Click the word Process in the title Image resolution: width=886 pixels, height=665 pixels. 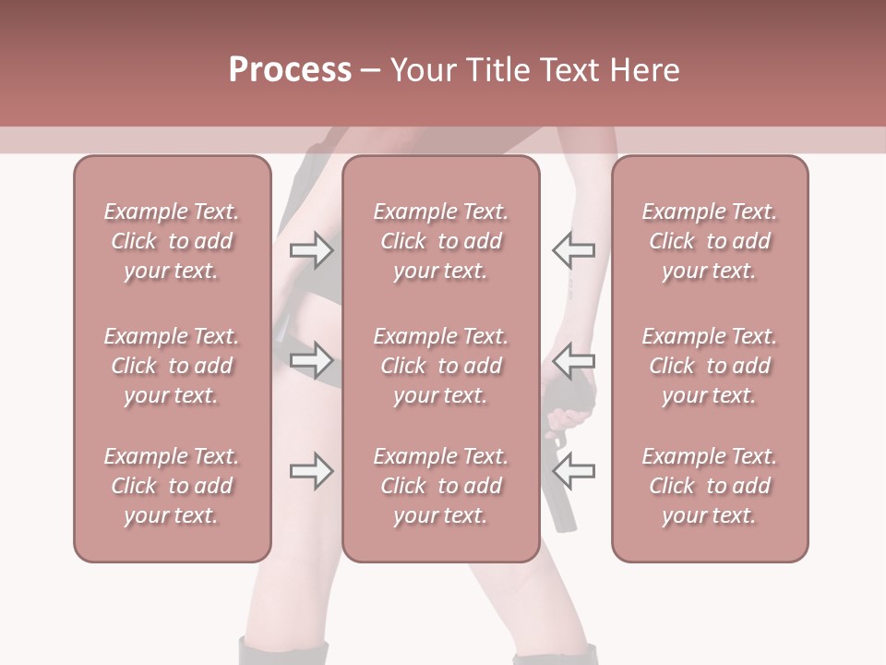point(290,70)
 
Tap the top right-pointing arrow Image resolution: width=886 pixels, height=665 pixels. point(311,249)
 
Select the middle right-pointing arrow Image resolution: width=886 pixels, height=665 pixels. point(311,358)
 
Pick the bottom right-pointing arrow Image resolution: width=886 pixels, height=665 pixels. point(311,471)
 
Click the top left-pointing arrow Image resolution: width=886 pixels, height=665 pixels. point(573,249)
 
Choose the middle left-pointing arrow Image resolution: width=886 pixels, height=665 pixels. point(573,358)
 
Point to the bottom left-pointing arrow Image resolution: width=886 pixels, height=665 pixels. point(573,471)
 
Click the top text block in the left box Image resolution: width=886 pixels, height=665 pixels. point(172,241)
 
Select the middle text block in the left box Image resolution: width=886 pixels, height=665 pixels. point(172,366)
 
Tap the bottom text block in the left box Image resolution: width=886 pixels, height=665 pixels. point(172,486)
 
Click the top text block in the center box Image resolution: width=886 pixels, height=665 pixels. point(441,241)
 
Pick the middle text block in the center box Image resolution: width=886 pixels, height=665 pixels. point(441,366)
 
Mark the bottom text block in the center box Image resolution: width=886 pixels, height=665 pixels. point(441,486)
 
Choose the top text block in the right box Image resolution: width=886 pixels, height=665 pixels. point(710,241)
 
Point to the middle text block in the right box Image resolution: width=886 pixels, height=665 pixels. point(710,366)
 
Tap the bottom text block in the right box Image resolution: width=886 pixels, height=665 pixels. point(710,486)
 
